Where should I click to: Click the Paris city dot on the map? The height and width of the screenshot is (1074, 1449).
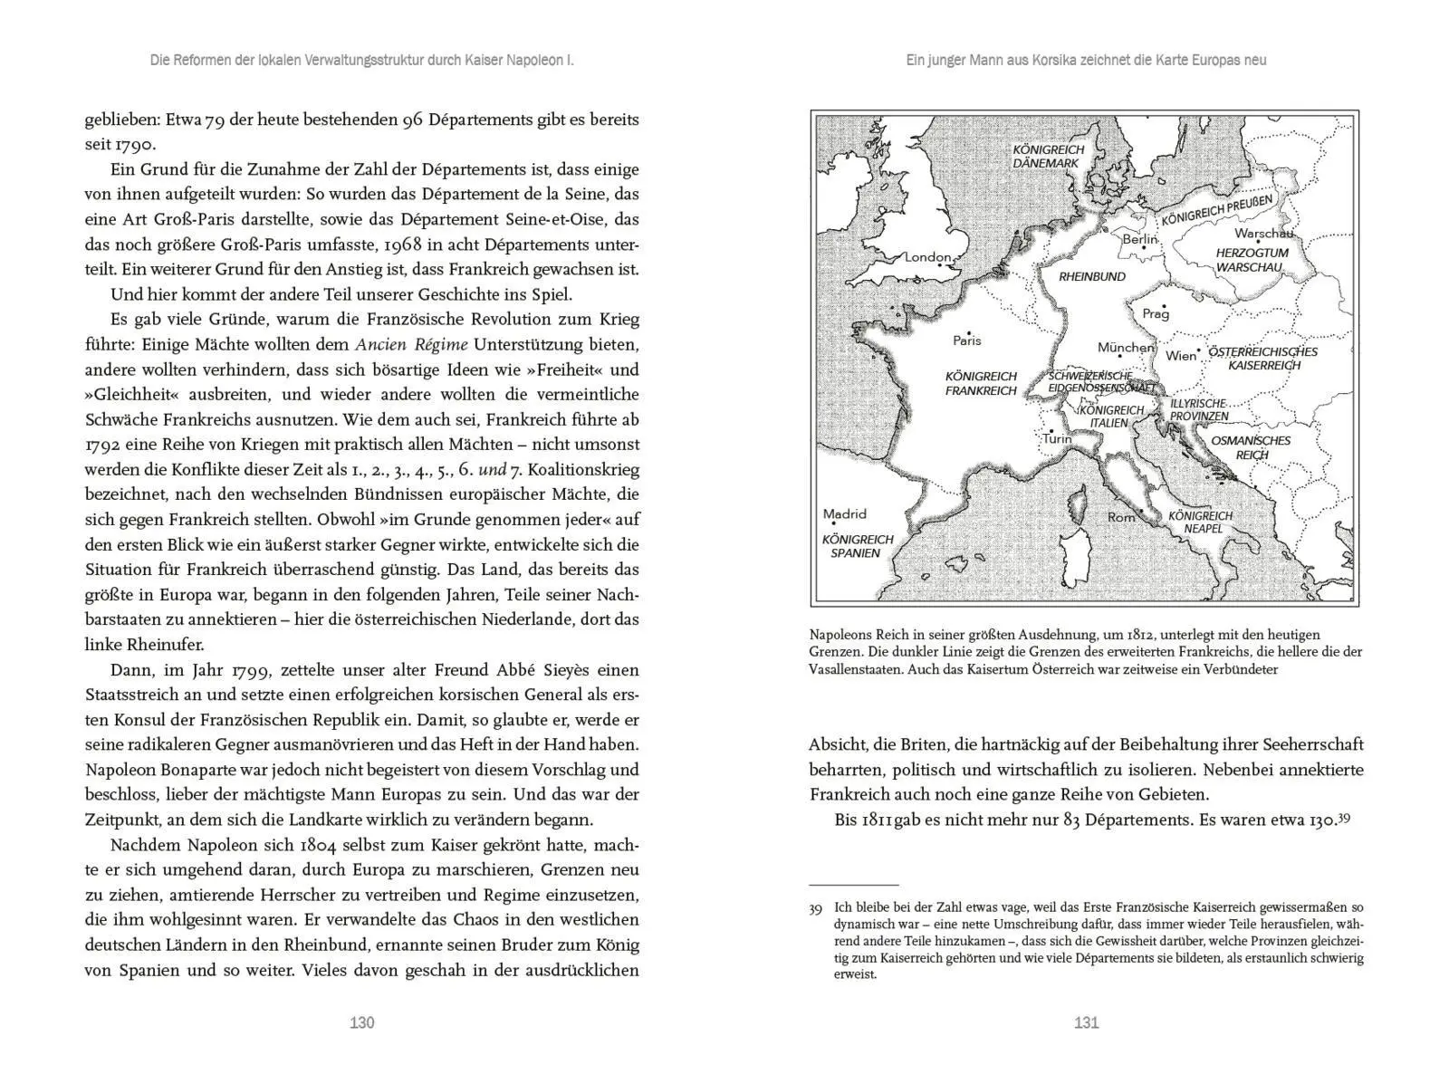point(968,332)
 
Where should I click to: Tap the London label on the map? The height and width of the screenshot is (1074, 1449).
point(927,257)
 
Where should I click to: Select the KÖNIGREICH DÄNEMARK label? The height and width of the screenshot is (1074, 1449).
point(1048,157)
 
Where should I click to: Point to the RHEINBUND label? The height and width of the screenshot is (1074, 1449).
point(1091,276)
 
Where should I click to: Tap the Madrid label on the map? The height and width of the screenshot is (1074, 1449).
point(844,513)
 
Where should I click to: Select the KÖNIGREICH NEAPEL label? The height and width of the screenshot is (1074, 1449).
point(1200,522)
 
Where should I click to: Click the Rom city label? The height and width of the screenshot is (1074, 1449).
point(1121,517)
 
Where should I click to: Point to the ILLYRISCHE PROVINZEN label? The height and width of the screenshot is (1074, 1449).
point(1198,409)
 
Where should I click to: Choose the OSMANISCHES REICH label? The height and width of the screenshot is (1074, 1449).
point(1251,447)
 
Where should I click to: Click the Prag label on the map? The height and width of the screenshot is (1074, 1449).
point(1156,314)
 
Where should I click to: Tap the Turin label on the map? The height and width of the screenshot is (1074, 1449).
point(1057,439)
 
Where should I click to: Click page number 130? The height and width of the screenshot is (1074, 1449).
point(361,1022)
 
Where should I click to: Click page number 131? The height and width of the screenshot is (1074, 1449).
point(1086,1022)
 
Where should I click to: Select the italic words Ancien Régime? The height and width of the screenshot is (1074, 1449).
point(411,344)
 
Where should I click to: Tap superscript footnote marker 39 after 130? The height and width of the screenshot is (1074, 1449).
point(1344,817)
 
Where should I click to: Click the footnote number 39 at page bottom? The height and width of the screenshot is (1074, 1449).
point(815,907)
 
